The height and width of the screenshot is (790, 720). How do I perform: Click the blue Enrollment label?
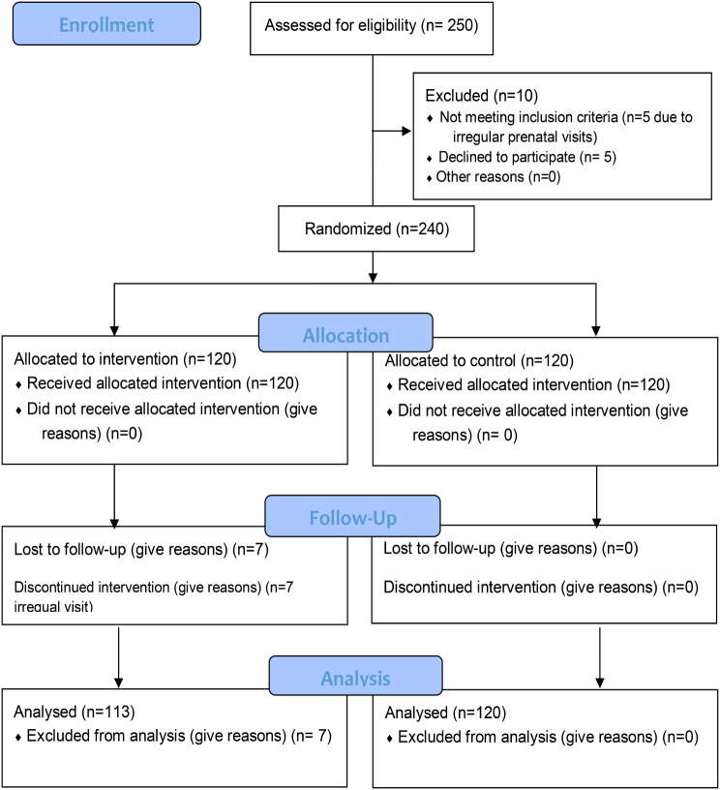point(106,24)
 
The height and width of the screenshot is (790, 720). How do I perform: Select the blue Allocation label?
point(345,333)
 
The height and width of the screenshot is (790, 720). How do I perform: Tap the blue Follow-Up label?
point(352,516)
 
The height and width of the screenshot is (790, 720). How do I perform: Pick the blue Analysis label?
point(355,676)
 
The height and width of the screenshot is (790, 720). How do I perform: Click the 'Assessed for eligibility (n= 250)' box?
point(372,29)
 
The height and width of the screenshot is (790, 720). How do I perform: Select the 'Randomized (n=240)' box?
point(376,228)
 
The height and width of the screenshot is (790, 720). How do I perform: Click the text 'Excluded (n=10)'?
point(481,95)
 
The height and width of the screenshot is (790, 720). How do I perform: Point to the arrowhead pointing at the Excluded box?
point(406,131)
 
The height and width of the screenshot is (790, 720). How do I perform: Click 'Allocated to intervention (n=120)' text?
point(126,359)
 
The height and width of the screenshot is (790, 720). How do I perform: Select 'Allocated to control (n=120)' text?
point(479,361)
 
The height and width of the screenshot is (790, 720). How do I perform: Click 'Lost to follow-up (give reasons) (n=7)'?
point(141,549)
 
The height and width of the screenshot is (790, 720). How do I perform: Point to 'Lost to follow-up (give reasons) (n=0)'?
point(511,548)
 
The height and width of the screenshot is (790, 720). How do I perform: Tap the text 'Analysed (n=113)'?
point(75,712)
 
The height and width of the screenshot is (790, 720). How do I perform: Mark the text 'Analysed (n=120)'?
point(445,713)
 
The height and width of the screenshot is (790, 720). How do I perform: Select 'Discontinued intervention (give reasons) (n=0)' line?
point(541,588)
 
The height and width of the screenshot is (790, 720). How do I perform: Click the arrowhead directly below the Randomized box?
point(373,278)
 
